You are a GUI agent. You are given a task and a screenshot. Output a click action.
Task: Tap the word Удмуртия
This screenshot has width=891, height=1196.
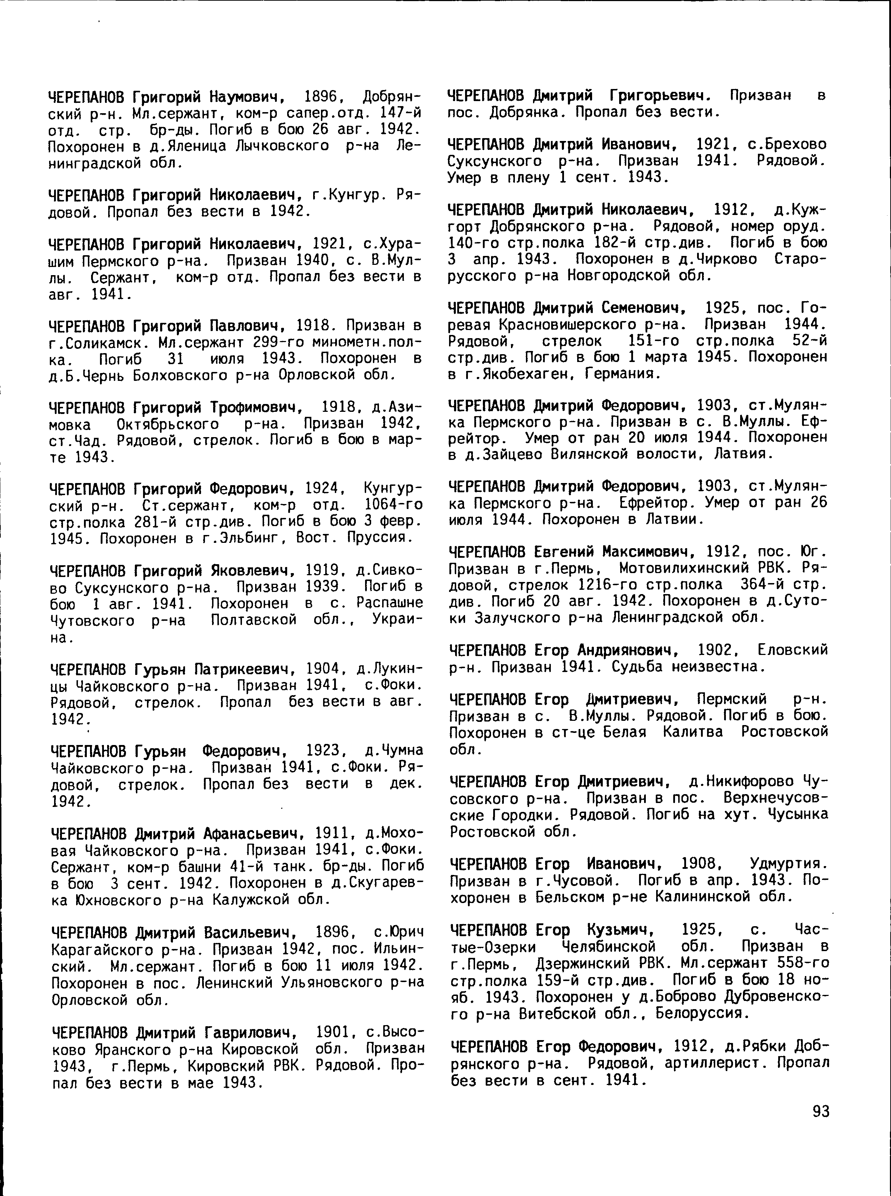(788, 864)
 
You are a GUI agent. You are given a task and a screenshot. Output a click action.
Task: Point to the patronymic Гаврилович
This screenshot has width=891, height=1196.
(251, 1033)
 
